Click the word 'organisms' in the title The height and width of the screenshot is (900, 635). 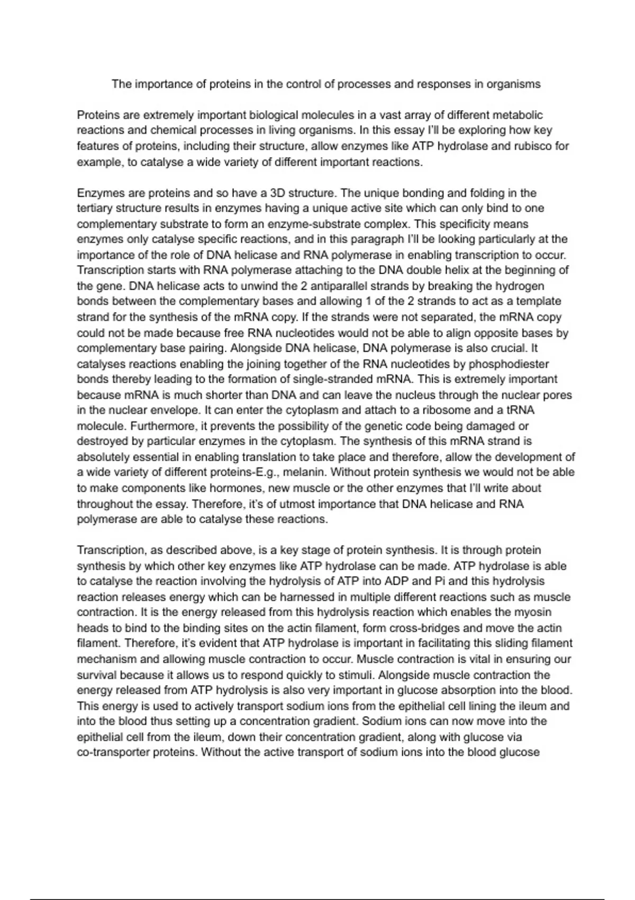[515, 84]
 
